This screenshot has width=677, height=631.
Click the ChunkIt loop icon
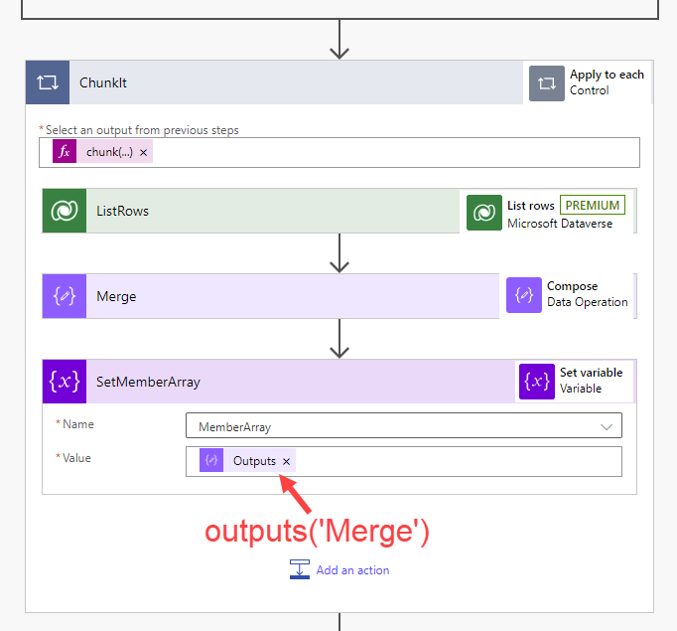[x=47, y=82]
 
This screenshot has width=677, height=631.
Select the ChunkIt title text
[x=103, y=82]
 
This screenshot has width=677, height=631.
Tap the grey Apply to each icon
[x=547, y=82]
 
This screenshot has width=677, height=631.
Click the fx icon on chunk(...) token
[x=65, y=151]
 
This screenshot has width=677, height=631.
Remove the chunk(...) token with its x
[x=144, y=152]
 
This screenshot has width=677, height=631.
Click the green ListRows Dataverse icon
[x=65, y=211]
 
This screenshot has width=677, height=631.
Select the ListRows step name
[x=122, y=211]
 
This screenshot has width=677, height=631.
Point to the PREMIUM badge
[x=593, y=206]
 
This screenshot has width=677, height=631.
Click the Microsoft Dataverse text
[x=560, y=224]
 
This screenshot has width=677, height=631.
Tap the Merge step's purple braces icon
[x=65, y=296]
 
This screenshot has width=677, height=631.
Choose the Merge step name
[x=116, y=296]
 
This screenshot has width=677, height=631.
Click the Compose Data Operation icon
[x=524, y=295]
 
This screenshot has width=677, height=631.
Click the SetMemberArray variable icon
[x=65, y=381]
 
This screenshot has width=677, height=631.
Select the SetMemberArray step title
[x=148, y=382]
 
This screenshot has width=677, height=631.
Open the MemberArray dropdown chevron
[x=607, y=426]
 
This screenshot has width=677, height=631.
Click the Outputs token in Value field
[x=254, y=461]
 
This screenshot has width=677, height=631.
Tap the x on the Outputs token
[x=287, y=461]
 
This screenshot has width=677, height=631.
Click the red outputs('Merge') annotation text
[x=317, y=531]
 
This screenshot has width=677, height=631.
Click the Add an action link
[x=352, y=570]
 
